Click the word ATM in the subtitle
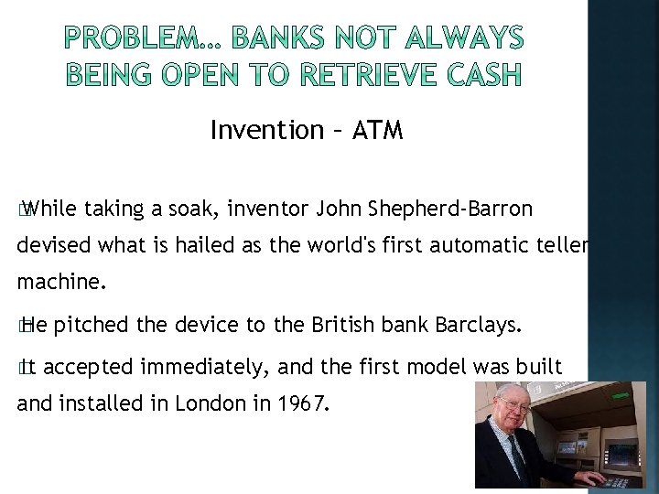(376, 131)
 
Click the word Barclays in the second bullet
(481, 324)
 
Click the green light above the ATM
(622, 396)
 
